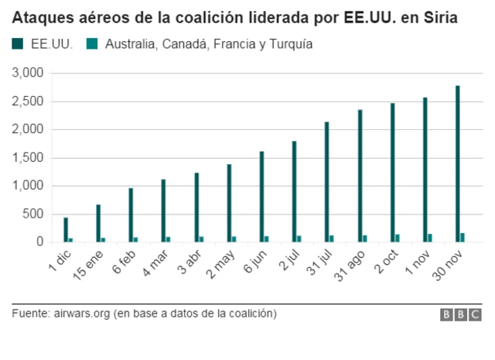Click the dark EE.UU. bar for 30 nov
[x=457, y=164]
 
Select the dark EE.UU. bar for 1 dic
[x=66, y=230]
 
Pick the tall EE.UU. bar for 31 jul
[x=327, y=182]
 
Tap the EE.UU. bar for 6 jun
[x=261, y=197]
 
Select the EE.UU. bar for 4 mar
[x=163, y=211]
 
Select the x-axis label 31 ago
[x=350, y=267]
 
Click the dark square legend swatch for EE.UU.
[x=18, y=44]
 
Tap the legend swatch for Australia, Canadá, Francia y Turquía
[x=93, y=44]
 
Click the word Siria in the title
[x=437, y=16]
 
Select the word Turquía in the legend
[x=289, y=44]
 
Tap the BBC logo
[x=461, y=314]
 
